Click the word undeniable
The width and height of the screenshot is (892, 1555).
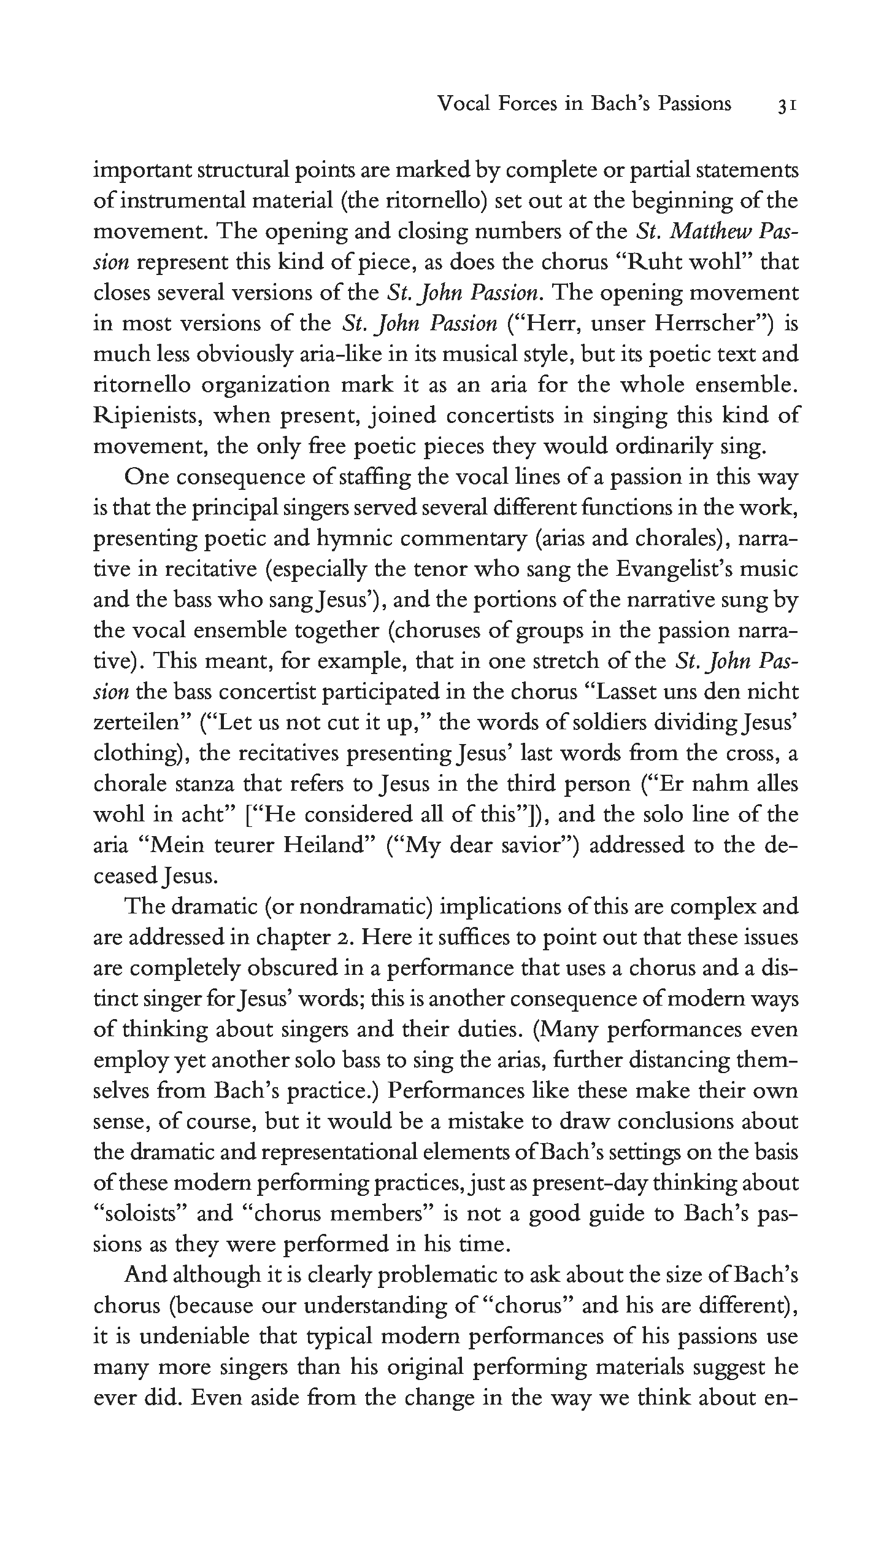pos(195,1336)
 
